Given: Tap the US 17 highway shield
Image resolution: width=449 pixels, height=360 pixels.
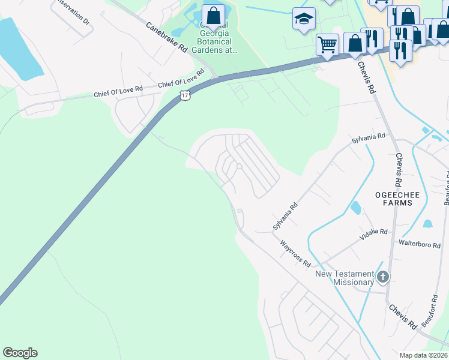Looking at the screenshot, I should click(x=185, y=95).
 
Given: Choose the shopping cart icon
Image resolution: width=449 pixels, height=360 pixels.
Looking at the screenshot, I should click(x=327, y=44).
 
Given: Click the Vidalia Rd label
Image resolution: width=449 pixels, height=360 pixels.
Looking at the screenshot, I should click(x=374, y=232).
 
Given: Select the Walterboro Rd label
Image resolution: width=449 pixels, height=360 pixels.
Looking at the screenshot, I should click(x=418, y=243).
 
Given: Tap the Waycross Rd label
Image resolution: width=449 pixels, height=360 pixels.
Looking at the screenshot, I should click(x=295, y=254).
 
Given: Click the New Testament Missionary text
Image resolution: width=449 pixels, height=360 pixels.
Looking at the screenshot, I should click(x=345, y=278).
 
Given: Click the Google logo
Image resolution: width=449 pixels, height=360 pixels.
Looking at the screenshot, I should click(x=20, y=353).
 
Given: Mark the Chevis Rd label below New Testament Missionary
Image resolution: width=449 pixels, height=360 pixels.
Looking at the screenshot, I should click(x=402, y=317).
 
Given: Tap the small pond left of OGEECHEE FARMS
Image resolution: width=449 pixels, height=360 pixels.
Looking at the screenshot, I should click(x=355, y=208).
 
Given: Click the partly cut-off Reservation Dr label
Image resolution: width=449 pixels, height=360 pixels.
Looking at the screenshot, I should click(x=71, y=11).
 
